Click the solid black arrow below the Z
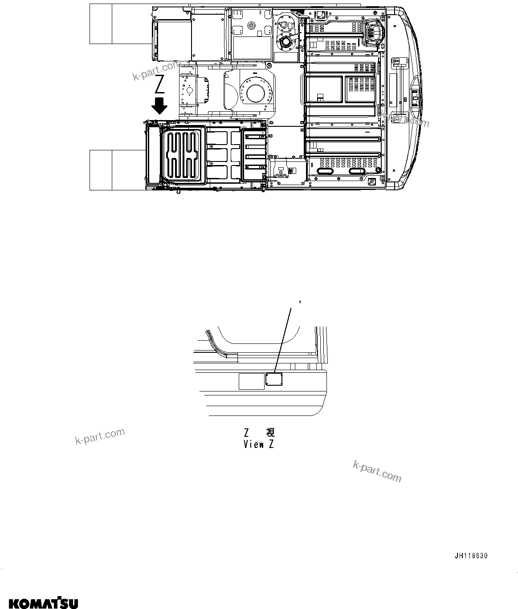[159, 106]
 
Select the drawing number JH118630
[471, 556]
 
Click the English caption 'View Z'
[258, 444]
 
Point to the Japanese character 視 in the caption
[270, 432]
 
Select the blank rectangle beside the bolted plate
[251, 381]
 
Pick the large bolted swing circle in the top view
[256, 95]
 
